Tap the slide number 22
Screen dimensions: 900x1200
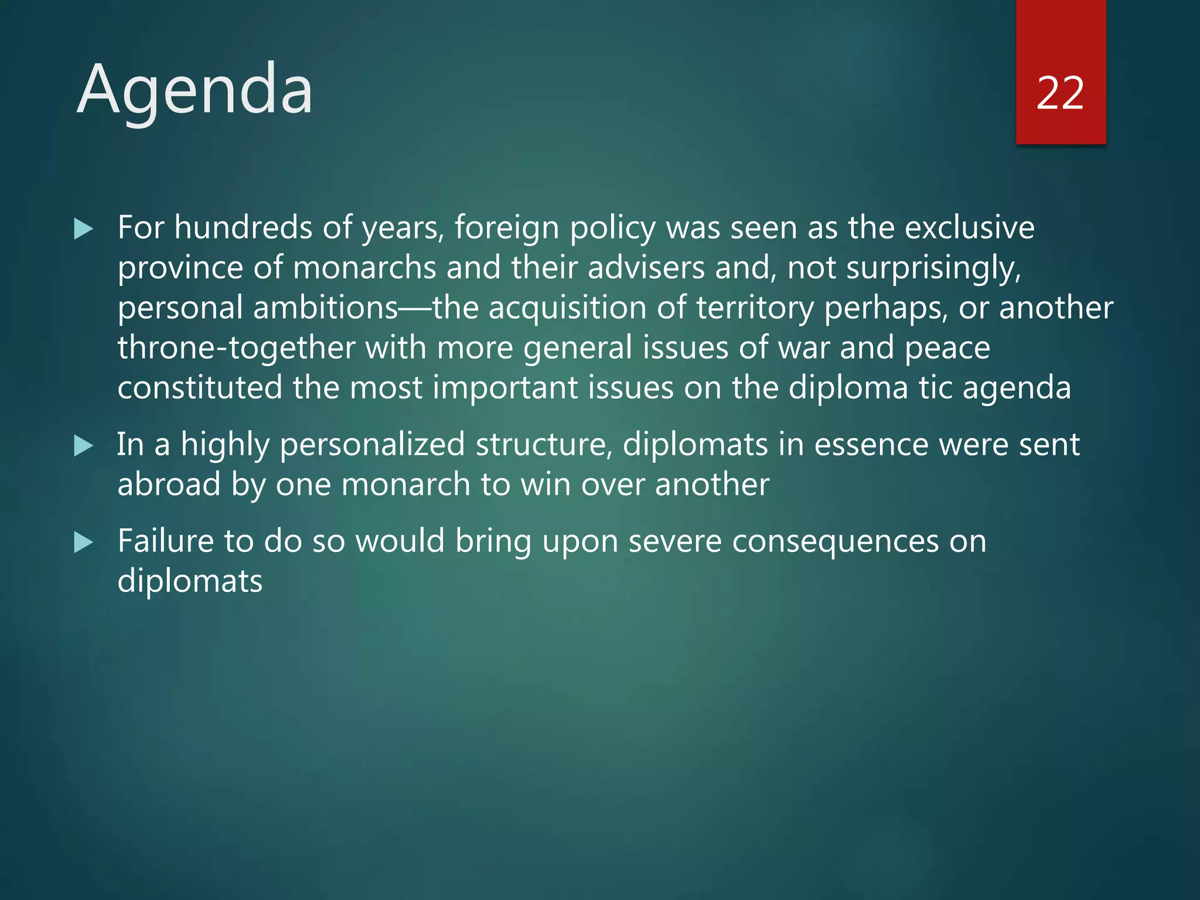(1060, 93)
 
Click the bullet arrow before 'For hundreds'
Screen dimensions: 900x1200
(84, 229)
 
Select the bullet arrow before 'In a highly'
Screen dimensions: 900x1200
(84, 446)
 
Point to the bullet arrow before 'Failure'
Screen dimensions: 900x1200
(84, 543)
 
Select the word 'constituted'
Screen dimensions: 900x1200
(200, 387)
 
